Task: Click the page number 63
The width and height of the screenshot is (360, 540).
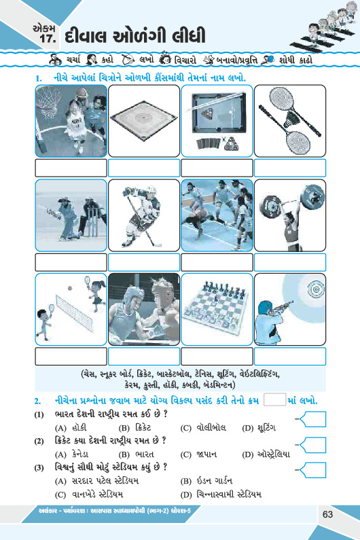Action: [x=327, y=514]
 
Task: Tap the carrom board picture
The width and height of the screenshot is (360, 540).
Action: [x=143, y=120]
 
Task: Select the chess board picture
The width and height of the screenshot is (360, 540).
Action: [x=217, y=309]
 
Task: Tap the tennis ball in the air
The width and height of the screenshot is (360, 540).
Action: [x=70, y=288]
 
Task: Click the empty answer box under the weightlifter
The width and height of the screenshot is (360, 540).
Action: [x=290, y=262]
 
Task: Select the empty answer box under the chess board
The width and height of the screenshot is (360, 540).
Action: [x=217, y=356]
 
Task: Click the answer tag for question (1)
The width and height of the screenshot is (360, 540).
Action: [x=313, y=419]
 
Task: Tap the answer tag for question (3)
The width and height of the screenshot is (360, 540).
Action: [x=313, y=470]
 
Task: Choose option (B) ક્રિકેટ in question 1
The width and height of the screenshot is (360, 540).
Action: [x=134, y=428]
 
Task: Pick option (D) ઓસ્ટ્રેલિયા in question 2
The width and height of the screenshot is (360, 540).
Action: [x=266, y=454]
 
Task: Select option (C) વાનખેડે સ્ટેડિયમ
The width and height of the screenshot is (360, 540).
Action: [x=89, y=495]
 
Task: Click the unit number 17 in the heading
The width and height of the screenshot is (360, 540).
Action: [x=48, y=38]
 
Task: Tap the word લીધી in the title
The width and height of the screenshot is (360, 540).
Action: [x=188, y=36]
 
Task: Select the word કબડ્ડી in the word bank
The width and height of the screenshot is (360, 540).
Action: [x=191, y=384]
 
